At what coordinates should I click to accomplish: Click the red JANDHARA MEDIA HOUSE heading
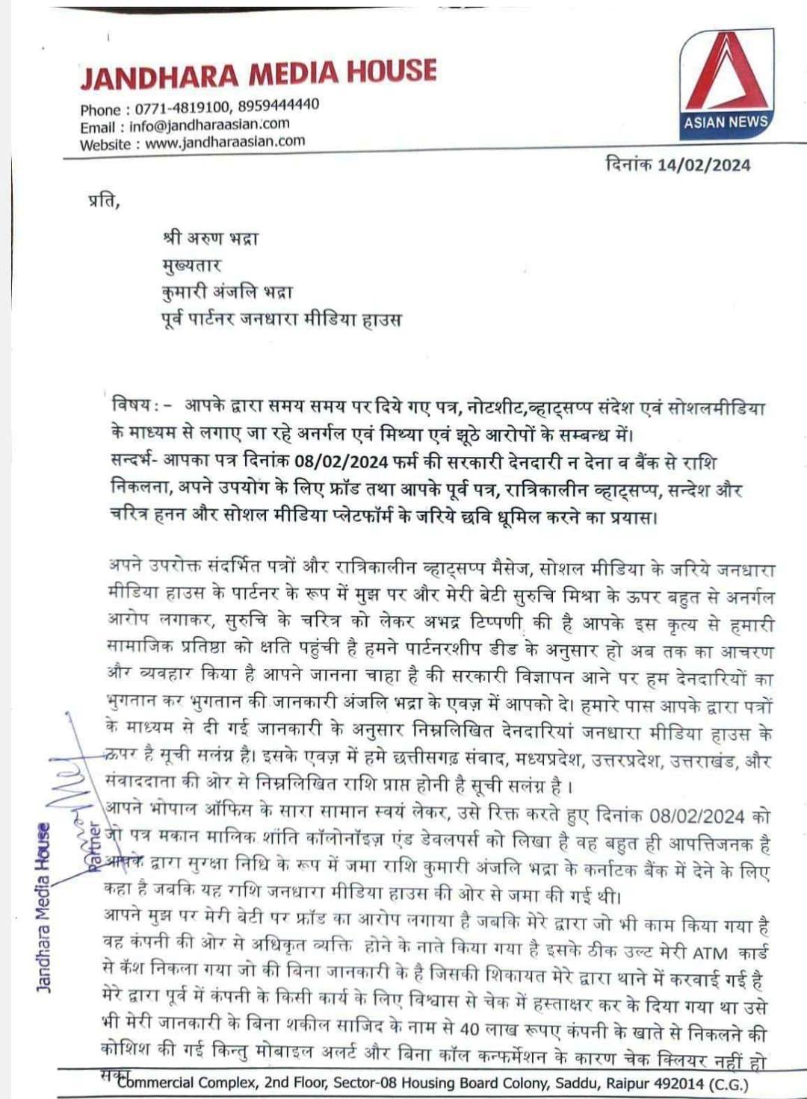tap(258, 73)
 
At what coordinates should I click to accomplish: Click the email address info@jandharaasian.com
tap(209, 125)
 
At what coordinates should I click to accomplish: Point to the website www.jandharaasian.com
tap(225, 142)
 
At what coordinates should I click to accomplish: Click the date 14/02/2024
tap(703, 165)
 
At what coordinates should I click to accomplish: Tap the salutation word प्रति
tap(103, 202)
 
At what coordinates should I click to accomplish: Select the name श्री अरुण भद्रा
tap(210, 238)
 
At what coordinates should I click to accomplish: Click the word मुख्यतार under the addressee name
tap(191, 265)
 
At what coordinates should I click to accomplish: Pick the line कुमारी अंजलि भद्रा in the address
tap(227, 292)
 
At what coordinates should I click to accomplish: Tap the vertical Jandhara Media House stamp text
tap(44, 907)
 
